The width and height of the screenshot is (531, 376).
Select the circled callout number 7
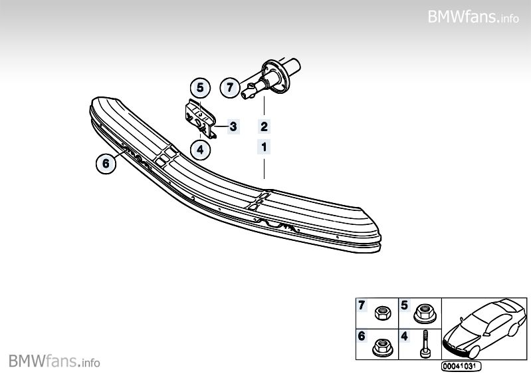pos(230,87)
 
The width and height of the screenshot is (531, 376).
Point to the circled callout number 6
pos(105,161)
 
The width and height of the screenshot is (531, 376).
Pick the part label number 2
pos(264,126)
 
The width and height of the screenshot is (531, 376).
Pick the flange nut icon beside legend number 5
pos(424,312)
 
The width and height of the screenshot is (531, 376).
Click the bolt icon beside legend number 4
pos(424,345)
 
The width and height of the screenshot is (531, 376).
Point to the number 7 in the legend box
pos(362,305)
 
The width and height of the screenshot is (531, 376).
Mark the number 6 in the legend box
pos(362,336)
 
